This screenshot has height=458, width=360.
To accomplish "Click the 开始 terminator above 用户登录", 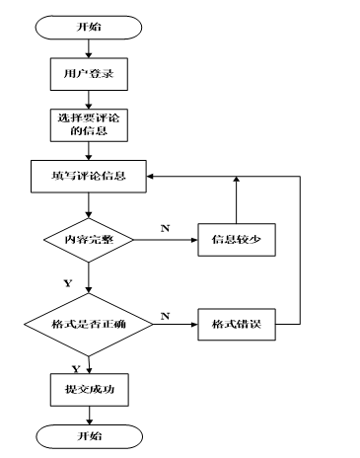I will coord(89,28).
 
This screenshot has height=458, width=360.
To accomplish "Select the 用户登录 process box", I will coord(89,73).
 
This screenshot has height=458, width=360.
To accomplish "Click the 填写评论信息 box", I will coord(89,179).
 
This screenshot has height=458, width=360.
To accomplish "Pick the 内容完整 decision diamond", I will coord(89,239).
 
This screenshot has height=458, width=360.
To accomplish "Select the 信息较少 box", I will coord(235,239).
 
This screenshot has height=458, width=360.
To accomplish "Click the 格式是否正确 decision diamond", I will coord(89,323).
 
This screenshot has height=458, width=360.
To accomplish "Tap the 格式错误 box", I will coord(235,323).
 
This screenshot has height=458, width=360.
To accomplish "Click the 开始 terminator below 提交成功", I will coord(89,435).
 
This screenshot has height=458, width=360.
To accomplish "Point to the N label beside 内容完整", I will coord(165,228).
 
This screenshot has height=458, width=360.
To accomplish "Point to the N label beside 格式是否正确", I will coord(165,314).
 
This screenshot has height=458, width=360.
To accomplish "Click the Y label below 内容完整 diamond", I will coord(67,282).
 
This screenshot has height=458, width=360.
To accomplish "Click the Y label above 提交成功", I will coord(76,367).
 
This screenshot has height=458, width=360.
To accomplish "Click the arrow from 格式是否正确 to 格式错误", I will coord(175,323).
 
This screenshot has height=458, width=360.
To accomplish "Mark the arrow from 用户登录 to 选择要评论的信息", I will coord(89,97).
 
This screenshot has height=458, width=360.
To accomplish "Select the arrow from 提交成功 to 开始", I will coord(89,414).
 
